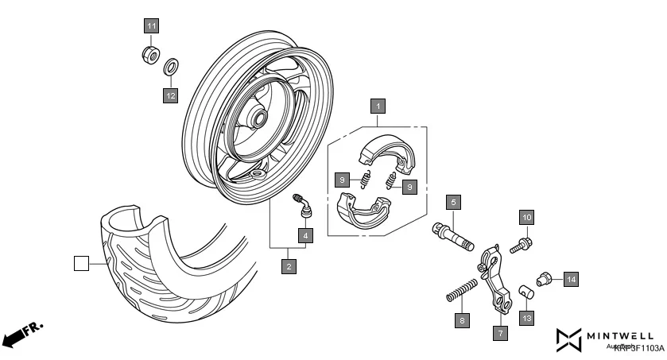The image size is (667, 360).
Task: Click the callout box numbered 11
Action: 151,25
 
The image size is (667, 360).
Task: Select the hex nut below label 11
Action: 147,54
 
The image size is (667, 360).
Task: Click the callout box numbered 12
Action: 170,95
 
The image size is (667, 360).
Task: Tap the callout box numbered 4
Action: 306,234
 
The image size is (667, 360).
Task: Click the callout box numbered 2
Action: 289,266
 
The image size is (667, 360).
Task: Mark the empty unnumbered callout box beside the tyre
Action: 81,263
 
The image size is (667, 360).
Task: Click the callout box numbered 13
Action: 527,318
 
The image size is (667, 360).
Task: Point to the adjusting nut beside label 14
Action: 545,279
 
